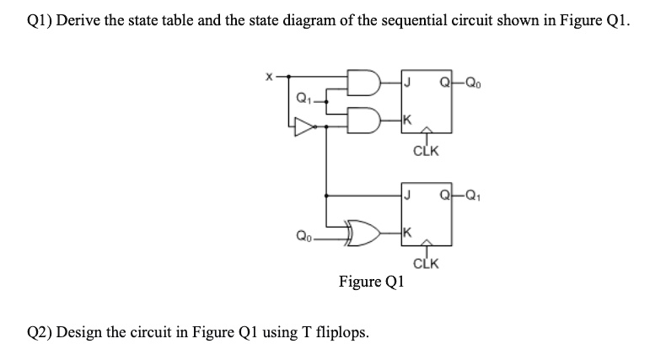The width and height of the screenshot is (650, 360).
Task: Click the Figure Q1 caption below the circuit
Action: [371, 282]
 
